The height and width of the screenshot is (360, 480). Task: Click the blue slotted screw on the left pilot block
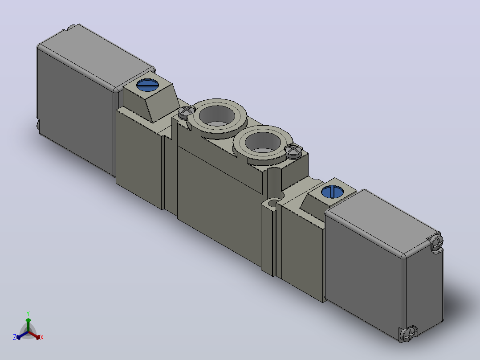(x=147, y=85)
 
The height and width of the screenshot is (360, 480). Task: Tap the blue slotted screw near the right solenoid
(x=332, y=192)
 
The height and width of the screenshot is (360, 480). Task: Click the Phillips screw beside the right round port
(x=293, y=150)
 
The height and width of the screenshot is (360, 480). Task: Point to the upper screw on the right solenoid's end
(x=437, y=242)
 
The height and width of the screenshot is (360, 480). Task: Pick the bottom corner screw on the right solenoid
(x=409, y=334)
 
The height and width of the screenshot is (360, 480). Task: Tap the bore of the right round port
(x=263, y=142)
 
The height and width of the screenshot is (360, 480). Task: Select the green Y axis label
(x=28, y=313)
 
